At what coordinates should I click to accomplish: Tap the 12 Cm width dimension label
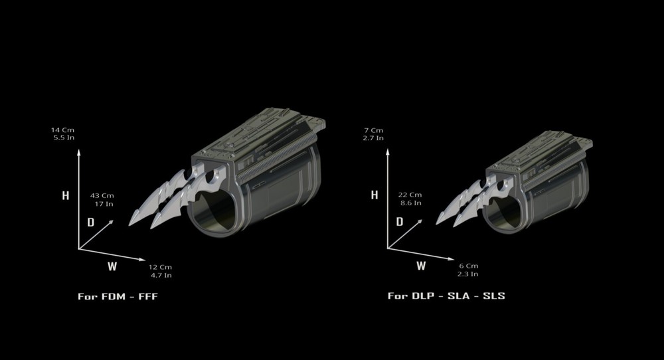(x=159, y=270)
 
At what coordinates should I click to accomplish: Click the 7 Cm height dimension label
(x=373, y=134)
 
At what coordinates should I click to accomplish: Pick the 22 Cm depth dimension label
(x=410, y=199)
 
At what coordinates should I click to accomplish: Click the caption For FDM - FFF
(x=118, y=296)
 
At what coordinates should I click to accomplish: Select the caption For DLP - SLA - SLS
(x=446, y=296)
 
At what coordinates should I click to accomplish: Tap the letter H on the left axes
(x=65, y=195)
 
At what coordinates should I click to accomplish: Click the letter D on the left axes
(x=90, y=222)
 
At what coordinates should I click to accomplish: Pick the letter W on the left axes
(x=112, y=266)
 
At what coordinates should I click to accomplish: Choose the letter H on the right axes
(x=374, y=195)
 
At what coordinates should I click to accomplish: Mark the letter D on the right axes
(x=400, y=222)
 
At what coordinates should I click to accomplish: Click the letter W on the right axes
(x=421, y=266)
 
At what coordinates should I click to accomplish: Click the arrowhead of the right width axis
(x=451, y=259)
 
